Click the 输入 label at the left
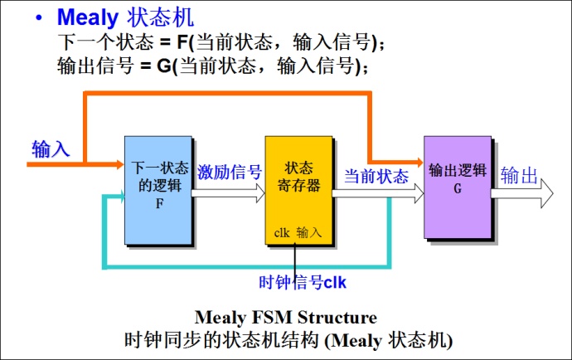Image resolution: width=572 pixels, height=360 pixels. (x=51, y=149)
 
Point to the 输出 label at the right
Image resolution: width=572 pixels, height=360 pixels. (x=520, y=176)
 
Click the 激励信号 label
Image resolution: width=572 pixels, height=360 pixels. (x=230, y=173)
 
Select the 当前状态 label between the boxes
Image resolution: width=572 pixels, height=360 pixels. (x=376, y=176)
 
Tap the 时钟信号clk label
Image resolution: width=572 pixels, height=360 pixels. (x=302, y=282)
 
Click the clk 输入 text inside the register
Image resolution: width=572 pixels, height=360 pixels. (x=298, y=233)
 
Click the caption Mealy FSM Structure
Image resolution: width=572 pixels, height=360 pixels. (x=285, y=318)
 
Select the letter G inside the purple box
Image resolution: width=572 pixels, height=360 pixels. (x=457, y=189)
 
